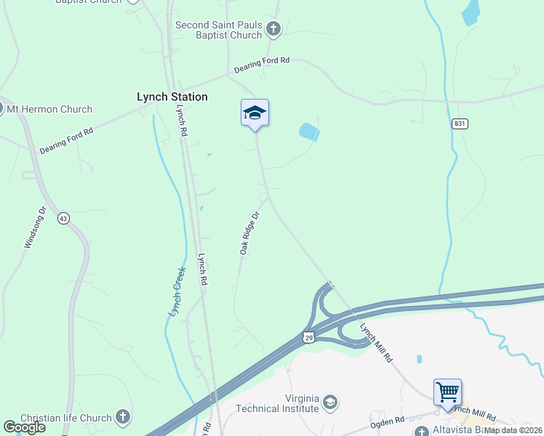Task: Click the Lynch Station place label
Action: coord(172,97)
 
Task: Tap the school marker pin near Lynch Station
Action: coord(255,114)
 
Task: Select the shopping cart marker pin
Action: coord(447,392)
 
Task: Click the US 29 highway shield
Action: coord(308,338)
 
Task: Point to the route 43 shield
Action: coord(64,219)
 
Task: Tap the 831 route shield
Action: coord(459,124)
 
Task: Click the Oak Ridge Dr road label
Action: coord(249,233)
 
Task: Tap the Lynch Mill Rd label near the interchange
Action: coord(376,343)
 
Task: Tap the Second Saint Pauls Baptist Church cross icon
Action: coord(273,30)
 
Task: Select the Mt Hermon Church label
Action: coord(49,109)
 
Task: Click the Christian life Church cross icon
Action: coord(123,417)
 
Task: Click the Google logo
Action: coord(24,427)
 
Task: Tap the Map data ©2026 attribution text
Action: coord(513,430)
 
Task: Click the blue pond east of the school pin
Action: coord(309,132)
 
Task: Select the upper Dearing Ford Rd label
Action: coord(262,65)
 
